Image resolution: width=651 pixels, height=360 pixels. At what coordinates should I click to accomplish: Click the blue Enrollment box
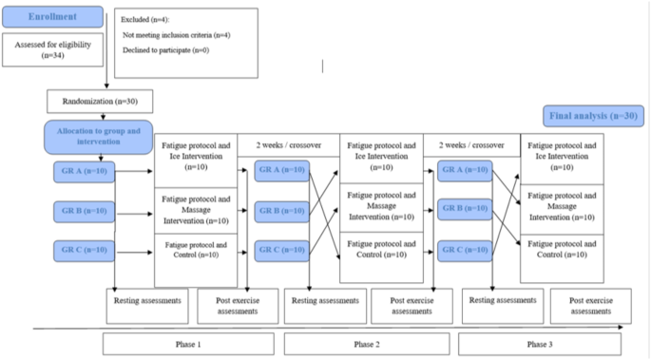52,17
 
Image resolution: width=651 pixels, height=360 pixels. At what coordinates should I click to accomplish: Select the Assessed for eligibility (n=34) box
52,50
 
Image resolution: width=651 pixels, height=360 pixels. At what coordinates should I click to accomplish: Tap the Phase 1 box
188,343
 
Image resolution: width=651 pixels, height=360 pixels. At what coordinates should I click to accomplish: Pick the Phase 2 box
367,343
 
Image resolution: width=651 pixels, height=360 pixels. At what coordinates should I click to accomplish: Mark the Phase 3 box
537,343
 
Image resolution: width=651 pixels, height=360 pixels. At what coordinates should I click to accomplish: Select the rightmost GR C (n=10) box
465,251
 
